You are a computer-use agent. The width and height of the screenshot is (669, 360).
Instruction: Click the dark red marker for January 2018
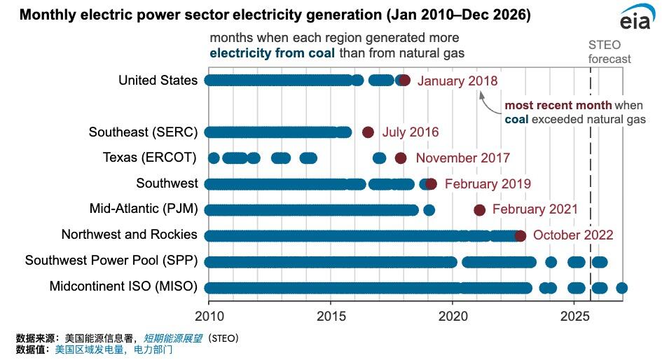point(404,81)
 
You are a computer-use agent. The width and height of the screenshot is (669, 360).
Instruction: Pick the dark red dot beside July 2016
point(368,132)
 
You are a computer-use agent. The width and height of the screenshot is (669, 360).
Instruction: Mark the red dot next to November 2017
point(400,158)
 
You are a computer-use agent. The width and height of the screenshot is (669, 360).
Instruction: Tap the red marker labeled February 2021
point(479,209)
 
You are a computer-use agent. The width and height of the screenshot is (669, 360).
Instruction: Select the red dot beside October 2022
point(520,235)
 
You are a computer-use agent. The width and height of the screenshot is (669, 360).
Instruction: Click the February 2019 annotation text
point(488,184)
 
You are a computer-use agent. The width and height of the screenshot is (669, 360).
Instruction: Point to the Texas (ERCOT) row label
point(149,158)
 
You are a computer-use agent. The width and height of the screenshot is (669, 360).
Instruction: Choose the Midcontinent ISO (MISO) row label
point(123,287)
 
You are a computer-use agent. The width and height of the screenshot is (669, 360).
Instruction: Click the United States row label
point(158,81)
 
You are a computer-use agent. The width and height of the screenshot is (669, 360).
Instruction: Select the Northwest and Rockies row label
point(129,235)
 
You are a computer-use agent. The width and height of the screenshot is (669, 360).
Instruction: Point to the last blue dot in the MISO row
point(621,288)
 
